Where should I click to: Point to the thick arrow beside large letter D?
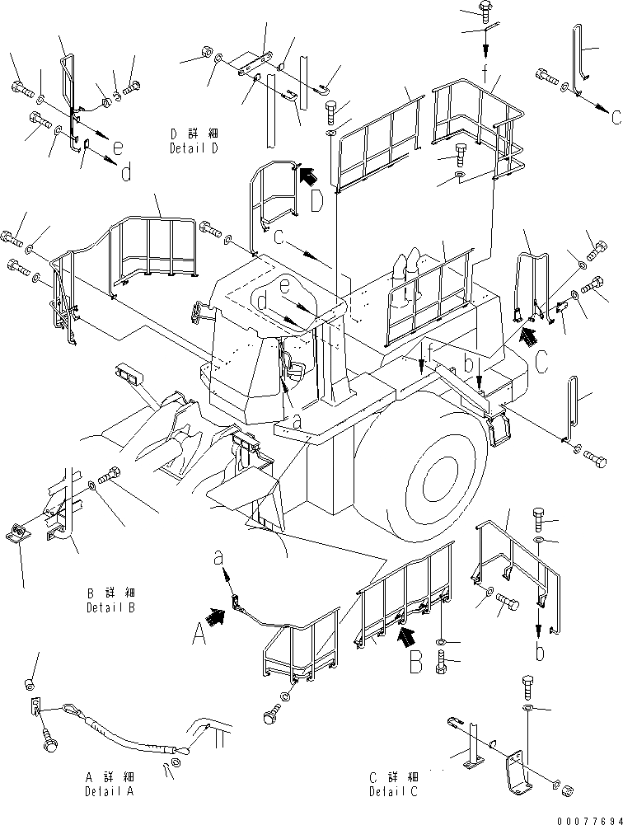click(x=307, y=174)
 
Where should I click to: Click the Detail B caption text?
click(x=110, y=600)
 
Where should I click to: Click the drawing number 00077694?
click(x=586, y=816)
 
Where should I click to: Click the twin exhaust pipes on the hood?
click(x=408, y=269)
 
